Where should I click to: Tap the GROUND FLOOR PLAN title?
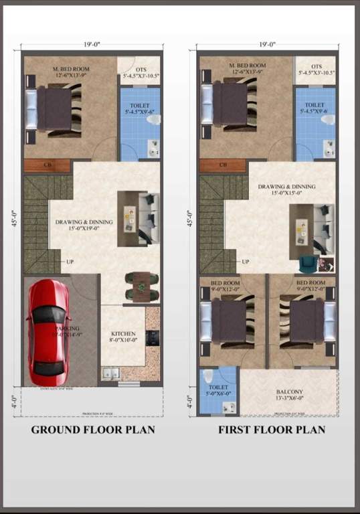[93, 430]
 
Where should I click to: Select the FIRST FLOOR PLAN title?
[272, 430]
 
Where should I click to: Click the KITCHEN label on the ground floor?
[123, 333]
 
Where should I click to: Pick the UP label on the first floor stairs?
[246, 261]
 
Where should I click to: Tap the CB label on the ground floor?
[48, 165]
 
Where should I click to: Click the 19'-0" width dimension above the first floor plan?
[266, 44]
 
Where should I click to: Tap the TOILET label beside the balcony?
[217, 388]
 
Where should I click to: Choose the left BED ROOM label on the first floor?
[225, 283]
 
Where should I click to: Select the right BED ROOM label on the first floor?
[311, 283]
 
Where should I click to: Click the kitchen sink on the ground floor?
[110, 373]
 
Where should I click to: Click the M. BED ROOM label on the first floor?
[247, 66]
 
